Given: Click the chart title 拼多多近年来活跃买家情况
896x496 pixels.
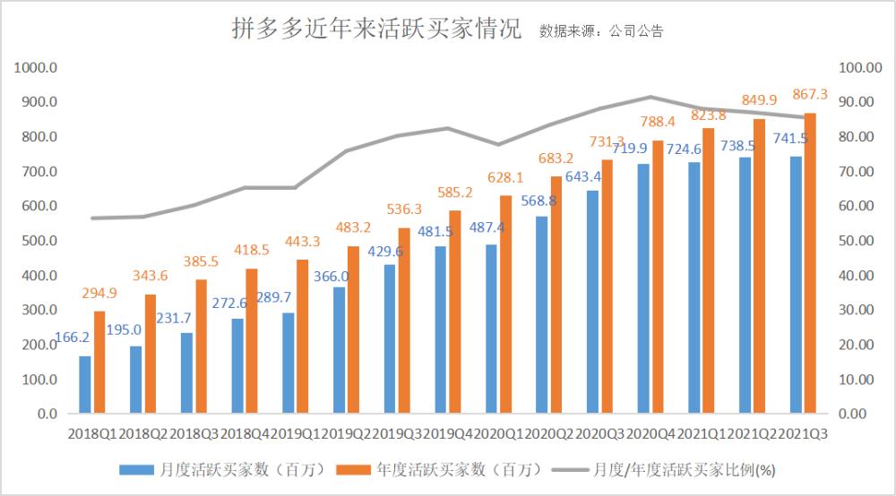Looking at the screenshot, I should click(375, 29).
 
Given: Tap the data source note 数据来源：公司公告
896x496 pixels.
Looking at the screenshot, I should click(601, 30).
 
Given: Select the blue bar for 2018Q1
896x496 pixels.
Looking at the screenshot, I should click(85, 385).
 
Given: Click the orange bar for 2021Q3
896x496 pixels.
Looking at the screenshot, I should click(810, 264).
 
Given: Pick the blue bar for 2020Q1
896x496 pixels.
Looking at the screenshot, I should click(492, 329).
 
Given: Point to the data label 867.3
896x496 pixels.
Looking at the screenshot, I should click(811, 93).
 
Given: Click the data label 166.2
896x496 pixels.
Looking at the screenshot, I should click(72, 339).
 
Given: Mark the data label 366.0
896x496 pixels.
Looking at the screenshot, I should click(331, 277).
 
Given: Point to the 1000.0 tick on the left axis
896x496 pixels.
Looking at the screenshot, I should click(37, 67).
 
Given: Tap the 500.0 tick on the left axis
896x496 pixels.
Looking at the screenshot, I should click(40, 241).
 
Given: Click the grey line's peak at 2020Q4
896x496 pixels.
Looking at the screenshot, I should click(651, 97).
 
